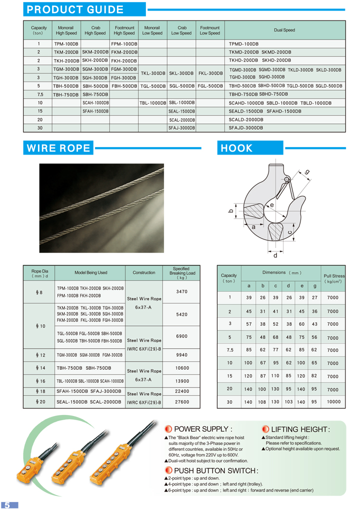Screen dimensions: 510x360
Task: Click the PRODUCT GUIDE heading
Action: (x=75, y=9)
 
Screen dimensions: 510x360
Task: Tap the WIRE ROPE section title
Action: (x=58, y=148)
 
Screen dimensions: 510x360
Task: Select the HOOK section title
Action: (x=237, y=148)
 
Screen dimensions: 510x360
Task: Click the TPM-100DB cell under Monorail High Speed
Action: (x=66, y=44)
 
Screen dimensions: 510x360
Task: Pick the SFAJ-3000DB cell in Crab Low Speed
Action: (x=181, y=128)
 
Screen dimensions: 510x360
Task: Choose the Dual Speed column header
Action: (x=284, y=30)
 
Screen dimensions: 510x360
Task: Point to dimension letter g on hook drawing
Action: (x=307, y=172)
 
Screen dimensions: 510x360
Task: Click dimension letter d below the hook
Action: (x=275, y=255)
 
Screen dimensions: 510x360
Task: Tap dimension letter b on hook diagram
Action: (x=231, y=211)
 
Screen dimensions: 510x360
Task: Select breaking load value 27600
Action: (x=182, y=401)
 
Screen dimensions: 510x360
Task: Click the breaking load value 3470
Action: (x=182, y=291)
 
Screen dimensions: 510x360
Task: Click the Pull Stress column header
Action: (x=334, y=278)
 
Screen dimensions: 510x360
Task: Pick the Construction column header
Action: (x=144, y=273)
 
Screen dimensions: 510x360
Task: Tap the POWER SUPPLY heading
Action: (x=202, y=429)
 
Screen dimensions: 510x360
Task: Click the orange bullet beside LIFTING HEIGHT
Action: (x=265, y=429)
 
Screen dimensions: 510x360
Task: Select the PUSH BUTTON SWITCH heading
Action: (x=215, y=470)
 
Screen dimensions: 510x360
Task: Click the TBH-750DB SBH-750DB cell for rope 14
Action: (x=82, y=367)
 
